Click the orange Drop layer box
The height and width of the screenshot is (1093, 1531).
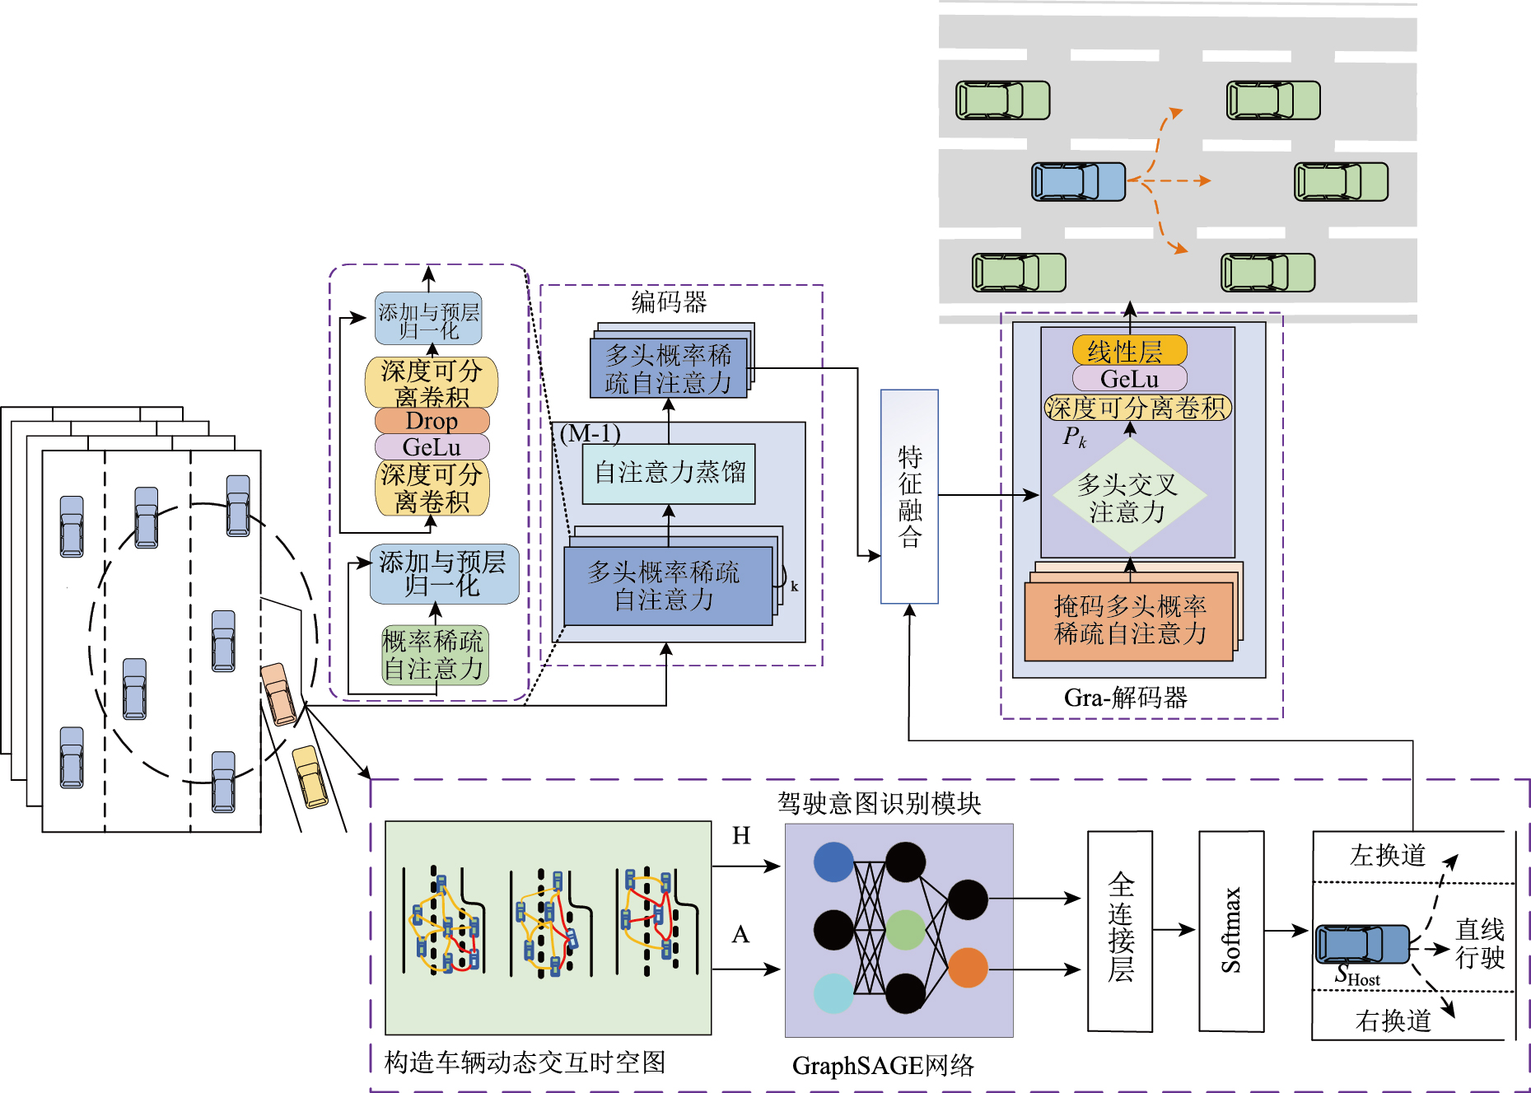(432, 421)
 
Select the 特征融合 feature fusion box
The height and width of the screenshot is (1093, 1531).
(909, 497)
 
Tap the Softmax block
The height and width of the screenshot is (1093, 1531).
(1230, 931)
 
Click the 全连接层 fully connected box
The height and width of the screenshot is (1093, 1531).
(1120, 931)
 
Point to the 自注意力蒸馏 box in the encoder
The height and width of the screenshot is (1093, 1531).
(669, 474)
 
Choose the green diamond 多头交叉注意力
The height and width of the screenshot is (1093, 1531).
(1129, 497)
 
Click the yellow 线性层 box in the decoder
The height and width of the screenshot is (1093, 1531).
(1129, 351)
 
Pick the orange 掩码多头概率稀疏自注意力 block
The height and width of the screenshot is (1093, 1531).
(1129, 620)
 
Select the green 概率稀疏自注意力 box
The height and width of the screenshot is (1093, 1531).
(435, 656)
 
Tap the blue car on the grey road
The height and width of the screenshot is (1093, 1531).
(1078, 181)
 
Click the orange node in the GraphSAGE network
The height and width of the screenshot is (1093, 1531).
(968, 967)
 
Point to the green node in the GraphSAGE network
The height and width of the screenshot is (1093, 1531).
(905, 930)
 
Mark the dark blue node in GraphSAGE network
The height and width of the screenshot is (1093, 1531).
(833, 862)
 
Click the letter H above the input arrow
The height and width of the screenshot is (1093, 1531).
(741, 836)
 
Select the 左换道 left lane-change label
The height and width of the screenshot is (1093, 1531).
(1388, 856)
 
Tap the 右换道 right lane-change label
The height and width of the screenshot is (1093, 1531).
(1393, 1021)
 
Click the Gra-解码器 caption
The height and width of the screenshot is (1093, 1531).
(1125, 698)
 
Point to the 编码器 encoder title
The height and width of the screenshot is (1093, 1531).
(669, 302)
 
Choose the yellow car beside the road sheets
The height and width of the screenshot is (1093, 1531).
(310, 776)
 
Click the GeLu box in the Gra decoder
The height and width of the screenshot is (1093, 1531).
(1129, 379)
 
